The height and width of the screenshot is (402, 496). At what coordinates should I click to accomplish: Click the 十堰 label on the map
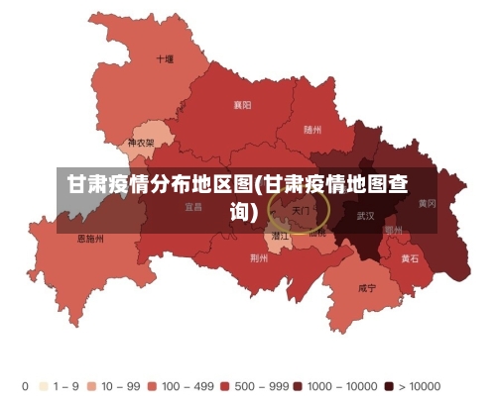pos(165,59)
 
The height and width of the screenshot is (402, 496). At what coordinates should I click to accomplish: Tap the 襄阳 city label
pos(242,104)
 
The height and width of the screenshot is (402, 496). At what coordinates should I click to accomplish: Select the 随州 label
pos(312,130)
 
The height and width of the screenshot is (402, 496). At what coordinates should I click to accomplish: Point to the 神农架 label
pos(141,143)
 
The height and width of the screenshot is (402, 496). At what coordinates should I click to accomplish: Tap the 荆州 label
pos(259,257)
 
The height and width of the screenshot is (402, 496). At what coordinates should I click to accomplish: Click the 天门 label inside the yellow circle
pos(301,211)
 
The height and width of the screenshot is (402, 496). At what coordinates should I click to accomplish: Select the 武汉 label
pos(365,215)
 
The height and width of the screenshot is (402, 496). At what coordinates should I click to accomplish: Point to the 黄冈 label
pos(427,203)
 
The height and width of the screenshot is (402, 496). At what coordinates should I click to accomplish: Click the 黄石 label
pos(410,258)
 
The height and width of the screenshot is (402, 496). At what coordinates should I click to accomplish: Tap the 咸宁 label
pos(367,288)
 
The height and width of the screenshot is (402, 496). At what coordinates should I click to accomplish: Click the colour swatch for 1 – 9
pos(44,385)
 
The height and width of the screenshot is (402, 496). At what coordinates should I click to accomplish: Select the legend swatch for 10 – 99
pos(91,385)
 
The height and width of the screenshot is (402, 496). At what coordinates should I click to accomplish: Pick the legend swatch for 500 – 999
pos(225,385)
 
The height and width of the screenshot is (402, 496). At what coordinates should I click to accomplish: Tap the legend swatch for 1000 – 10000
pos(298,385)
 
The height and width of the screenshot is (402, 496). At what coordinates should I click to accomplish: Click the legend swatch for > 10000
pos(389,385)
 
